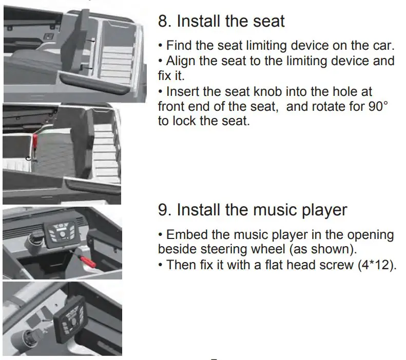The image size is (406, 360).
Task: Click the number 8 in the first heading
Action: (163, 22)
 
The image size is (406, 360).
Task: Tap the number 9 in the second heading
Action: (163, 210)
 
